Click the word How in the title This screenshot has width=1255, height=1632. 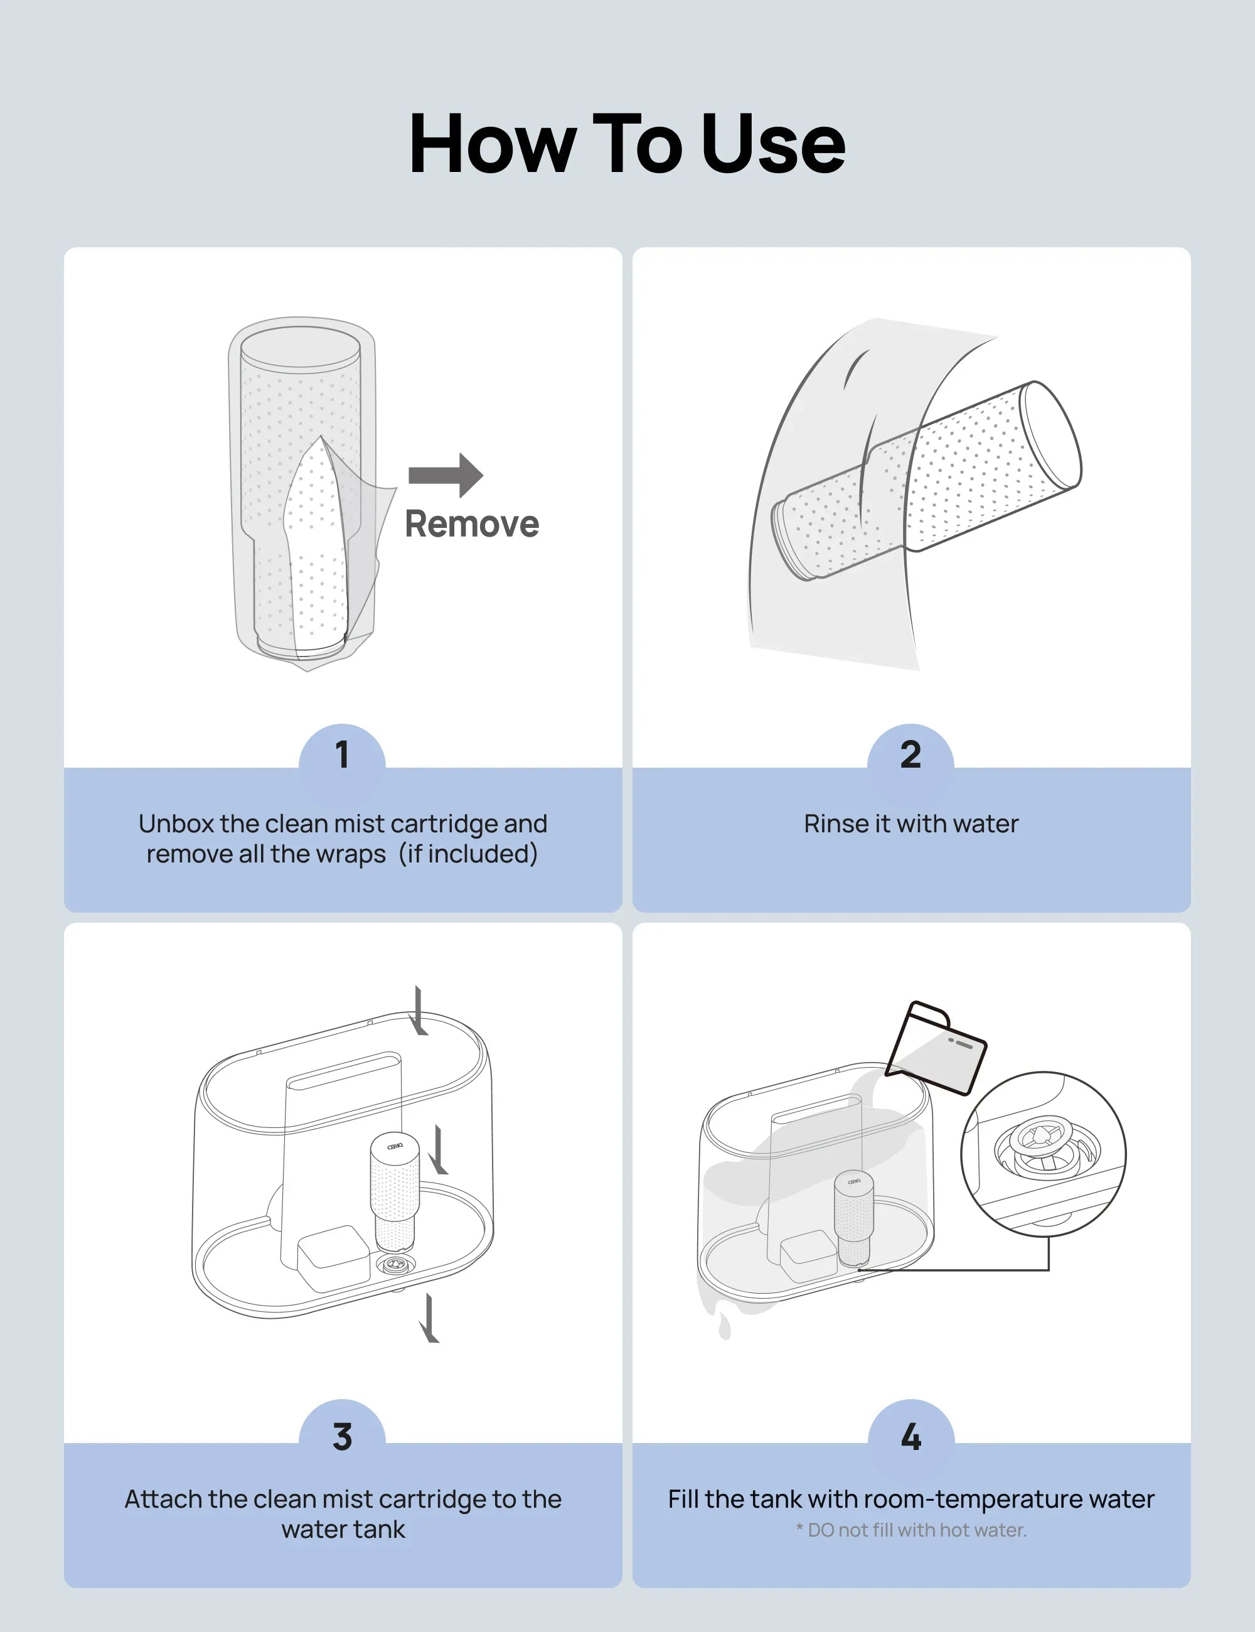pos(493,144)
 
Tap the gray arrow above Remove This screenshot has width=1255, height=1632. pos(446,475)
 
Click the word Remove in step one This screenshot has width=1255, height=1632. pos(471,524)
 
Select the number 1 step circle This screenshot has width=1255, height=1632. pos(342,754)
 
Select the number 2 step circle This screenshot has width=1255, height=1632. pos(911,754)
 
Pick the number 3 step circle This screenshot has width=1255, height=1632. pos(342,1437)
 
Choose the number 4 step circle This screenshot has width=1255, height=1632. pos(911,1437)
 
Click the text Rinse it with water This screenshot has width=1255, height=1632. pos(911,824)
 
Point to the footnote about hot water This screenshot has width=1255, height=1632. pos(911,1530)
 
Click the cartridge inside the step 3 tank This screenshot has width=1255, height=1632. pos(395,1191)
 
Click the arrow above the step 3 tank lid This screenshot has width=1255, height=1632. pos(419,1011)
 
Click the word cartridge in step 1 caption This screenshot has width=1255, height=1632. pos(444,824)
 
